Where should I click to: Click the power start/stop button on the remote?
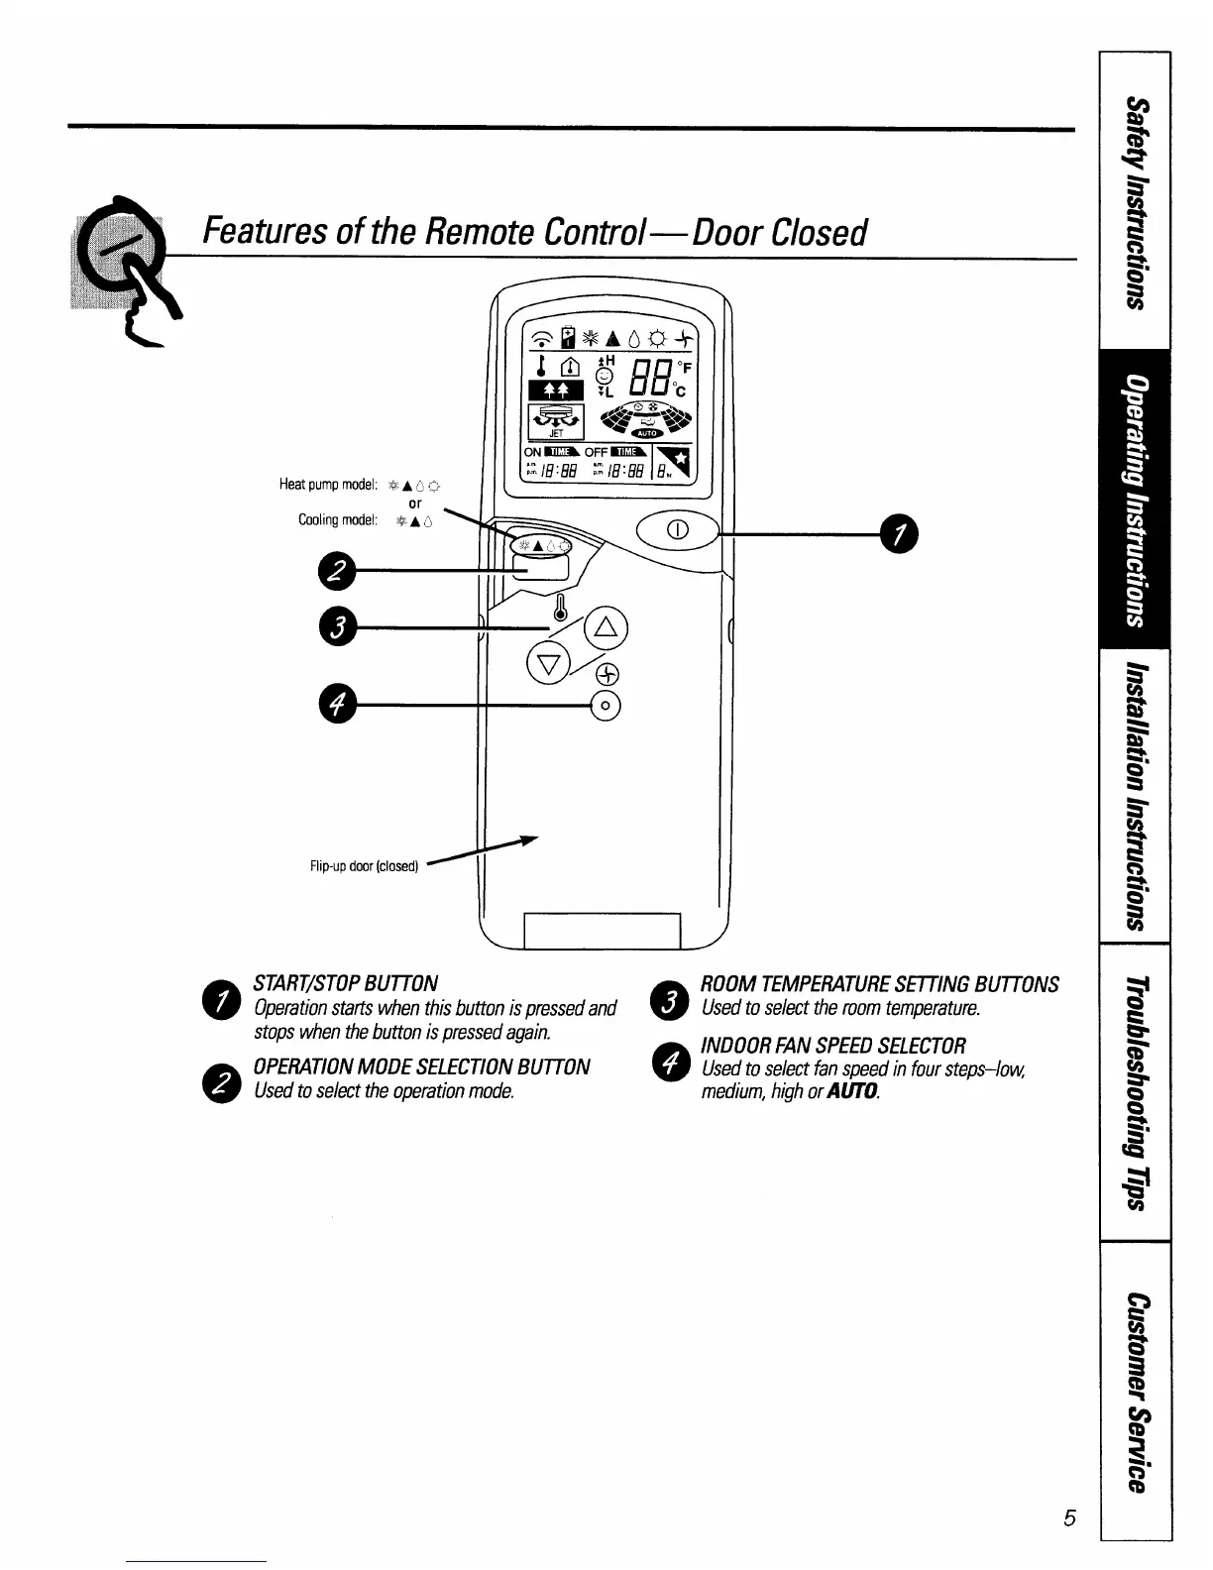pos(678,528)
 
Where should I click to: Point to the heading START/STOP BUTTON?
pos(346,983)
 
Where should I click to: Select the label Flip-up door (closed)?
pos(365,865)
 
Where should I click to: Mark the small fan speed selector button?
pos(606,706)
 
